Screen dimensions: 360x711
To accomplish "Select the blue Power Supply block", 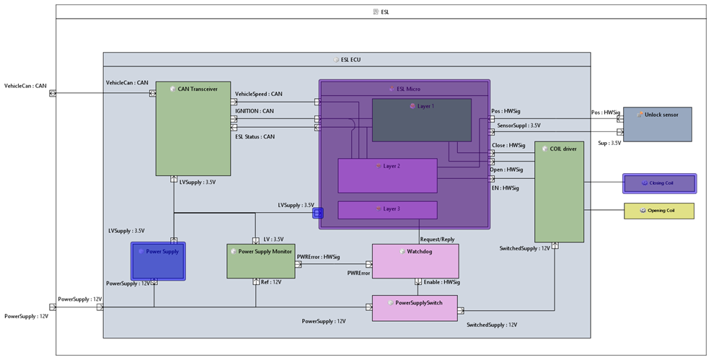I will tap(158, 261).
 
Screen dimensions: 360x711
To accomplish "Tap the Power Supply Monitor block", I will tap(260, 261).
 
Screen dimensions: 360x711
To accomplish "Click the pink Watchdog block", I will tap(415, 260).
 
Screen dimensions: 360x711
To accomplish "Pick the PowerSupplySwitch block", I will tap(415, 308).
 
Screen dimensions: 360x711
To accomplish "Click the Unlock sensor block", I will tap(655, 124).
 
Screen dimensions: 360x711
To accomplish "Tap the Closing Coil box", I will tap(660, 183).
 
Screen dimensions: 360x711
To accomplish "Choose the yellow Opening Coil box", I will tap(658, 211).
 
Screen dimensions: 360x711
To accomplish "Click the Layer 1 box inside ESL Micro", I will tap(421, 120).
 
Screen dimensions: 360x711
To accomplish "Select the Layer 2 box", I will tap(387, 176).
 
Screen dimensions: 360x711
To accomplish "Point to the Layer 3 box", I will tap(387, 209).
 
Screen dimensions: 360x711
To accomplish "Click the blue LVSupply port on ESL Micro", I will tap(317, 213).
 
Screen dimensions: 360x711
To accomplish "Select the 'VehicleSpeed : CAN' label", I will tap(259, 94).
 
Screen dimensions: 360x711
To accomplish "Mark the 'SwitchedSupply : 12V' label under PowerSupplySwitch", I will tap(492, 325).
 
